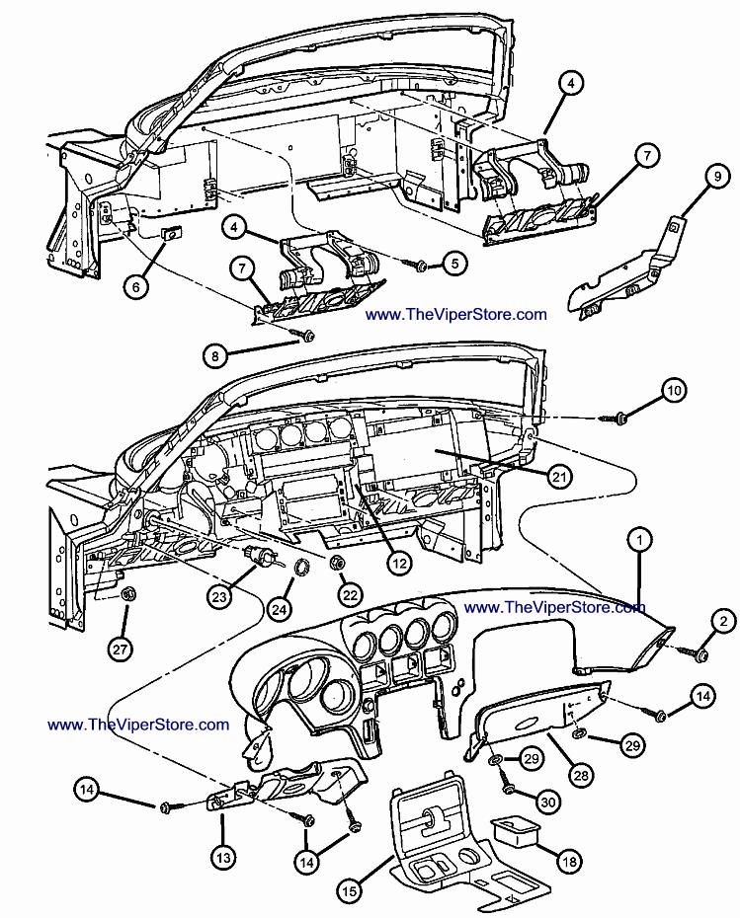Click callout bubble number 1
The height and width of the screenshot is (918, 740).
point(641,540)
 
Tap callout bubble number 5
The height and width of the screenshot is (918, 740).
point(454,264)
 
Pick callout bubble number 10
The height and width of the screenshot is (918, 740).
point(673,392)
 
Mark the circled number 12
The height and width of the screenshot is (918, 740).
point(398,564)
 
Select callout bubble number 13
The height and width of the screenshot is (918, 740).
point(222,858)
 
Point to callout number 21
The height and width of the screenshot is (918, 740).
point(560,477)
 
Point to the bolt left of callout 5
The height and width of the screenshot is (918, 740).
point(420,266)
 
